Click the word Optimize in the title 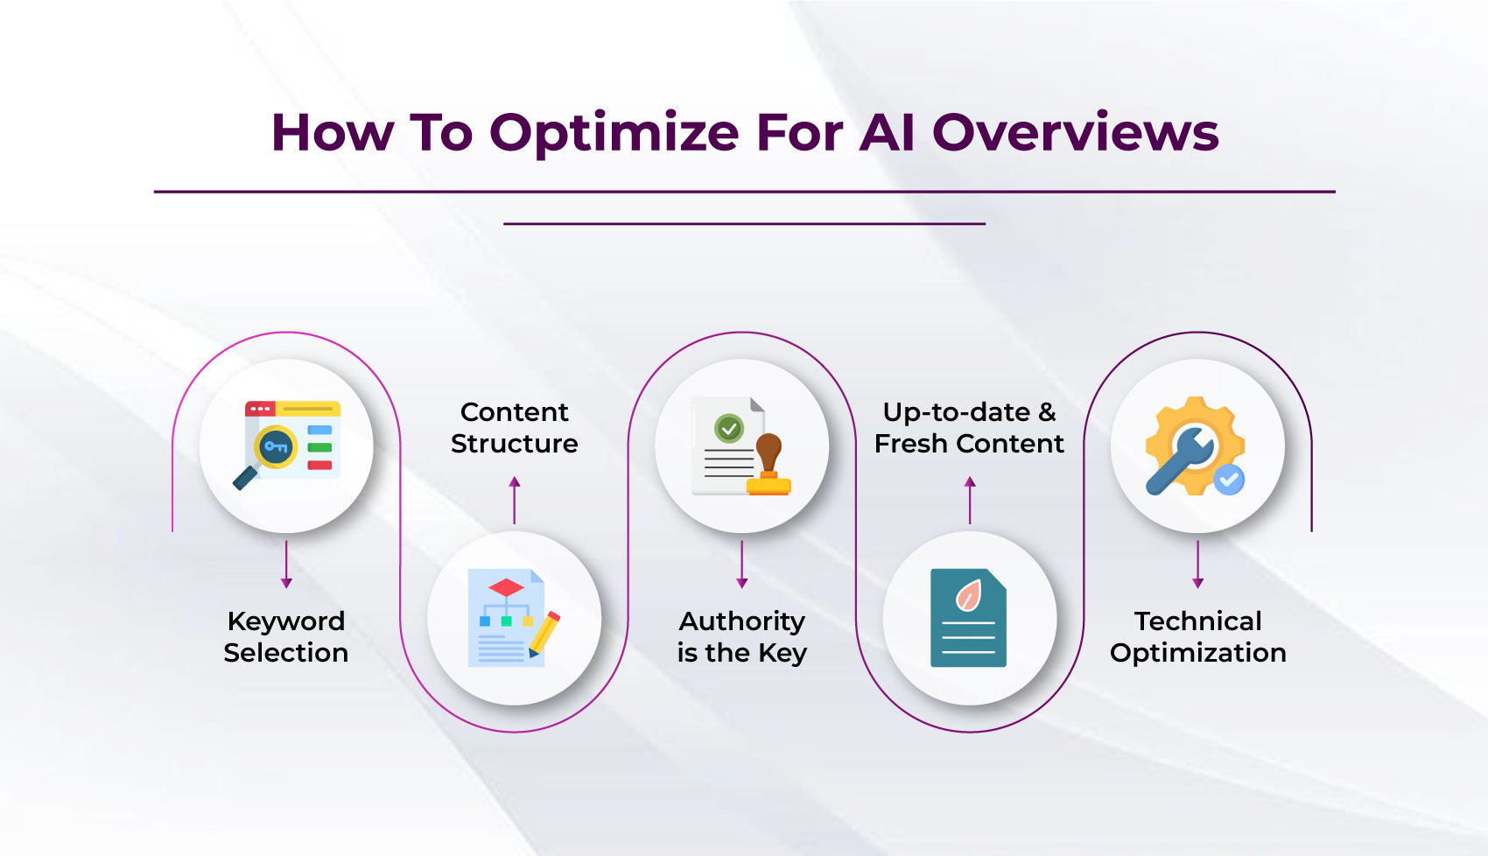pyautogui.click(x=614, y=134)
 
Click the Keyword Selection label pyautogui.click(x=286, y=636)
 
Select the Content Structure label pyautogui.click(x=514, y=427)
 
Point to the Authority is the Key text pyautogui.click(x=741, y=636)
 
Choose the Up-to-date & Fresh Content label pyautogui.click(x=969, y=427)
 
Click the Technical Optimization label pyautogui.click(x=1197, y=636)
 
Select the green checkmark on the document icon pyautogui.click(x=728, y=429)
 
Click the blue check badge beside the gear pyautogui.click(x=1229, y=479)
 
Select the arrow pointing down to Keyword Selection pyautogui.click(x=286, y=564)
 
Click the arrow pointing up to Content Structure pyautogui.click(x=514, y=500)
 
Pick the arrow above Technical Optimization pyautogui.click(x=1197, y=564)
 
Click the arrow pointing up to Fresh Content pyautogui.click(x=969, y=500)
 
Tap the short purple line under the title pyautogui.click(x=744, y=224)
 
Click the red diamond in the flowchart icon pyautogui.click(x=506, y=586)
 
